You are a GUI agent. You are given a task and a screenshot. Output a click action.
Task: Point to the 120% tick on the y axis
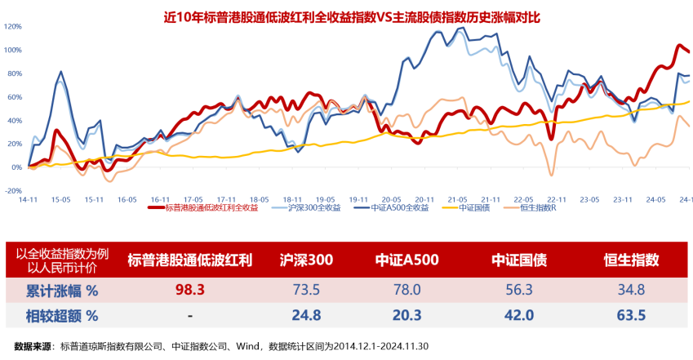[13, 27]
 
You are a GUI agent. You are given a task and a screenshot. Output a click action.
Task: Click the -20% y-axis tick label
[13, 190]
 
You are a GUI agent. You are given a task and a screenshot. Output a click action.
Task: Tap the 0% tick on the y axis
[16, 167]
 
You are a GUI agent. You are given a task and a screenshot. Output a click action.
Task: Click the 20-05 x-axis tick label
[391, 198]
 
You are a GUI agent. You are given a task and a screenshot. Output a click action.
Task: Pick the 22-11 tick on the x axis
[557, 198]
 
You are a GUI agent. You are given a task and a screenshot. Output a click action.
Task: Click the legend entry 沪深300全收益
[313, 207]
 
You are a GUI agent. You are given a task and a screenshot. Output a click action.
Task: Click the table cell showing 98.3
[189, 290]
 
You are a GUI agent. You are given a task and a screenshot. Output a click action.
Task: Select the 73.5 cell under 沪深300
[306, 290]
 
